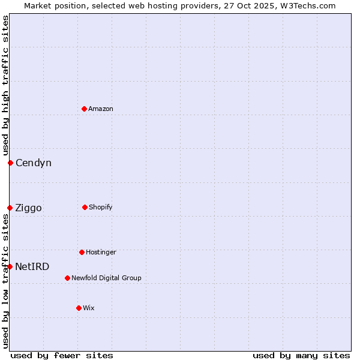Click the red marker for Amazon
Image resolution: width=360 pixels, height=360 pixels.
[84, 109]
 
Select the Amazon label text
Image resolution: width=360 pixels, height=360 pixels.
[101, 109]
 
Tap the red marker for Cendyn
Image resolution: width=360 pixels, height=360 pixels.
[10, 163]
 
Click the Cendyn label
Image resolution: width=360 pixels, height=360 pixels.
[34, 163]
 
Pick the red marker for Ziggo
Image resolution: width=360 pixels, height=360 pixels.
[10, 208]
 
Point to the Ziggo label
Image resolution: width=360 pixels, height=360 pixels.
[29, 208]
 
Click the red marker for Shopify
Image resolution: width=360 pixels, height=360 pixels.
[85, 207]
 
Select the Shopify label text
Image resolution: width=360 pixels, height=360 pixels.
[101, 207]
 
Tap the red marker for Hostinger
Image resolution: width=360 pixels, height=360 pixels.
[82, 252]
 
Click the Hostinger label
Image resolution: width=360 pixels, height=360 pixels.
[101, 252]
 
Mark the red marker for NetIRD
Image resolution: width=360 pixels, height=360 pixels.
[10, 266]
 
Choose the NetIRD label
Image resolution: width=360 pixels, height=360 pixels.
[32, 267]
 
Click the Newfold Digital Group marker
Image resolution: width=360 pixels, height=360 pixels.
[67, 278]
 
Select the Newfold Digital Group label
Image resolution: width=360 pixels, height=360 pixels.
[106, 278]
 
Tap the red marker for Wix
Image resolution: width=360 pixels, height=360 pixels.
[79, 308]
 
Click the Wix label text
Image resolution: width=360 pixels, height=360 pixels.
[89, 308]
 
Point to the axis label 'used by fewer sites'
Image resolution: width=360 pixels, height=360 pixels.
[62, 355]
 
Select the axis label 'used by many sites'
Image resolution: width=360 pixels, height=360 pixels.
[301, 355]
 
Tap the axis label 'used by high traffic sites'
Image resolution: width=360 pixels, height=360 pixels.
[5, 85]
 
